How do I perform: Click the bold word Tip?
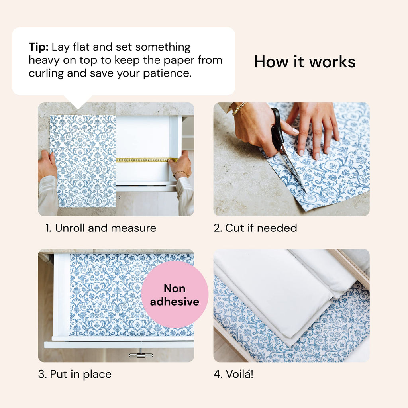point(38,47)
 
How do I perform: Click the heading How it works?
point(305,62)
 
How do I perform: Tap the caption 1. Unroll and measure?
point(100,228)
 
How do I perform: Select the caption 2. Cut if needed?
point(255,228)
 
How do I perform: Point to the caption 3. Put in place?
point(75,374)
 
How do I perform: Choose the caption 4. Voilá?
point(233,374)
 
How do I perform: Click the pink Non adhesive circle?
point(175,295)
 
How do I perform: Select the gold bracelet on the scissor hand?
point(239,108)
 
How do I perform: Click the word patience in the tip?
point(169,74)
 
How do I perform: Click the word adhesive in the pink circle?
point(175,302)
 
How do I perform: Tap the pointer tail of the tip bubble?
point(78,102)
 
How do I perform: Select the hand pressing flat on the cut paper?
point(315,127)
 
